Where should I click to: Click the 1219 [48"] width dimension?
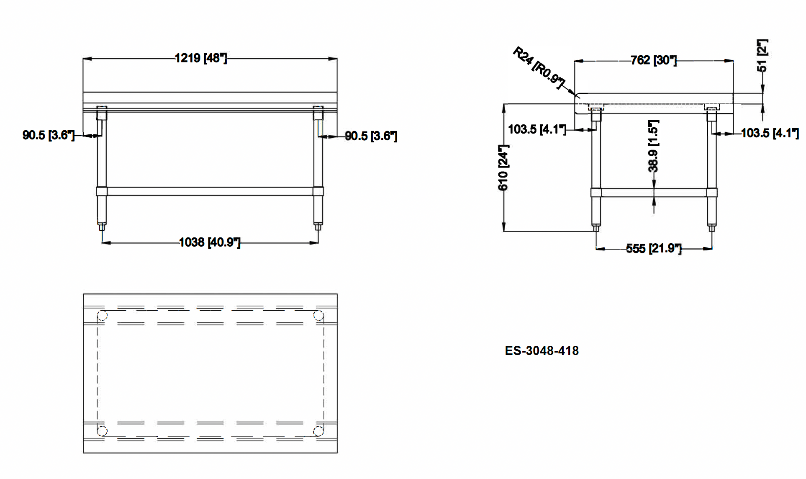(200, 58)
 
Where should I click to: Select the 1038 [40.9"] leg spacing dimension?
(209, 242)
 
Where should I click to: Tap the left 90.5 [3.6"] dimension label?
(48, 135)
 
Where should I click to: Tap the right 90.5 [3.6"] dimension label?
(371, 136)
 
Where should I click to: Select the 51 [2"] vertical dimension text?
(762, 55)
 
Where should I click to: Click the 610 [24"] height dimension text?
(503, 167)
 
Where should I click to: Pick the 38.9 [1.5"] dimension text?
(653, 146)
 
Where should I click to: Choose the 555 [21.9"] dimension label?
(653, 249)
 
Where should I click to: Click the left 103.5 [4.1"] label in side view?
(536, 129)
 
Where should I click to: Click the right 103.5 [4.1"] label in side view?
(769, 134)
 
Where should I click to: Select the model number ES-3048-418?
(542, 351)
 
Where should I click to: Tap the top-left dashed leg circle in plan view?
(102, 315)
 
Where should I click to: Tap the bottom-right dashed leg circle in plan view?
(318, 431)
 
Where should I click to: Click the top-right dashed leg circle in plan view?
(318, 315)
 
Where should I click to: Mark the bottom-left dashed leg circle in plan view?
(102, 431)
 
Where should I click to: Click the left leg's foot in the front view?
(102, 227)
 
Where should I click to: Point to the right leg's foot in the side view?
(712, 228)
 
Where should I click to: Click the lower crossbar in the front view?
(209, 191)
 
